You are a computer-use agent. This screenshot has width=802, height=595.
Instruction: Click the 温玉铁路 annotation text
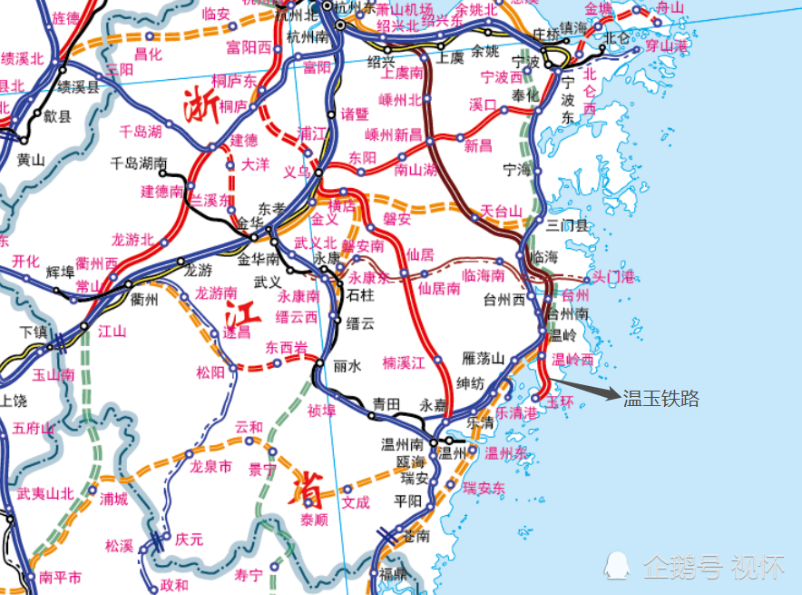click(x=660, y=399)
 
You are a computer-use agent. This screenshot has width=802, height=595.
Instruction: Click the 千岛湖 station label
click(x=141, y=131)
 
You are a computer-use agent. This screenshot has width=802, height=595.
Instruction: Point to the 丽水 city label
click(x=347, y=366)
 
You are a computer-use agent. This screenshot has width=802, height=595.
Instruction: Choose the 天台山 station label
click(x=503, y=212)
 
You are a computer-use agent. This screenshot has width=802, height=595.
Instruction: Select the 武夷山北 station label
click(x=45, y=494)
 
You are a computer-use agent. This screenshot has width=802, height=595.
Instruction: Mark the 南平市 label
click(x=61, y=577)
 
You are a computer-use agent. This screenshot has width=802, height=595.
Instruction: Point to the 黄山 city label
click(x=31, y=160)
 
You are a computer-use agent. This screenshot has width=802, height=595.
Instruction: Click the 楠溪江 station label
click(x=404, y=362)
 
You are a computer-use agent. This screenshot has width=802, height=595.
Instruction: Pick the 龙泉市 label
click(x=210, y=467)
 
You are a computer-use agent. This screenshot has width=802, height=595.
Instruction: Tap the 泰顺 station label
click(x=313, y=520)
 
